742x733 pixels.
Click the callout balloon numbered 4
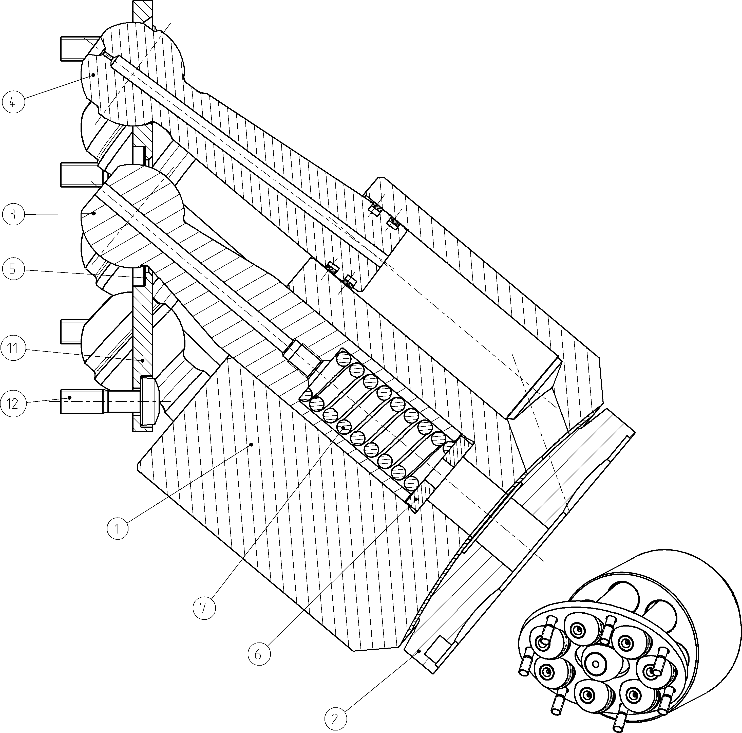(13, 102)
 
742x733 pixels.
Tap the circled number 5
(13, 269)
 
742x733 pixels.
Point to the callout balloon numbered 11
(13, 349)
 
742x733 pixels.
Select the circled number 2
(335, 719)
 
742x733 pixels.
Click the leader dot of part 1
(252, 445)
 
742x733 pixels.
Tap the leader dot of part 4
(93, 75)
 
